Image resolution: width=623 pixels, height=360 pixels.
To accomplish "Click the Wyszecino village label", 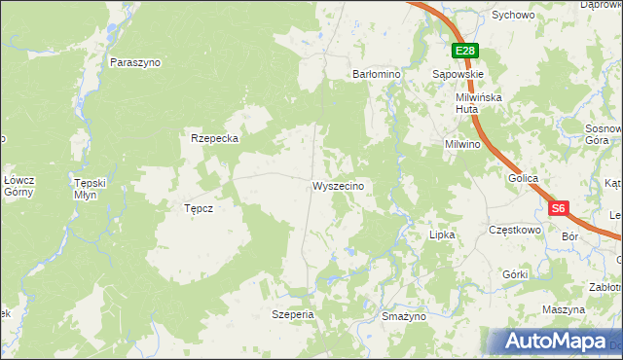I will (338, 186).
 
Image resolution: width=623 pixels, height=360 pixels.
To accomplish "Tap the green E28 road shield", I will (464, 52).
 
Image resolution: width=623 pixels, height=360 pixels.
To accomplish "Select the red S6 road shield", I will (557, 208).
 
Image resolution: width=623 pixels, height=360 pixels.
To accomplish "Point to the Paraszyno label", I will (135, 62).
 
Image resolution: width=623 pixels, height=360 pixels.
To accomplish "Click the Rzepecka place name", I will (215, 138).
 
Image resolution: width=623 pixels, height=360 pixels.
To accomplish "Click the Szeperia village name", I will (293, 315).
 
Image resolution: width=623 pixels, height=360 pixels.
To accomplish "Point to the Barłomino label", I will (377, 73).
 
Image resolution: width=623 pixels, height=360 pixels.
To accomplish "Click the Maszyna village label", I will (565, 308).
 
